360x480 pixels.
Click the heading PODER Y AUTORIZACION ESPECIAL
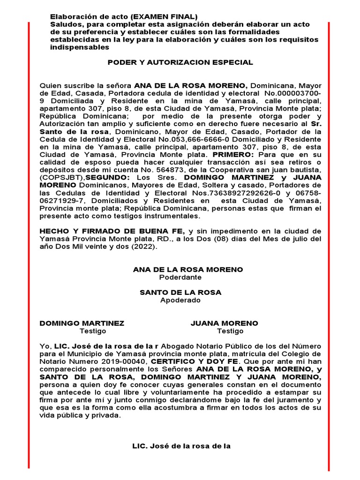click(180, 62)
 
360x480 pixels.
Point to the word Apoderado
click(180, 300)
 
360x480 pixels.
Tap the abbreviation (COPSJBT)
click(60, 178)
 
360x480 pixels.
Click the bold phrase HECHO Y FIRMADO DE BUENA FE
click(112, 232)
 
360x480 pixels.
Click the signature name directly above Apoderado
click(180, 292)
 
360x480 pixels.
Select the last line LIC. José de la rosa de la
click(182, 446)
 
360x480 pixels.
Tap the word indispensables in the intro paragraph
click(80, 47)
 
